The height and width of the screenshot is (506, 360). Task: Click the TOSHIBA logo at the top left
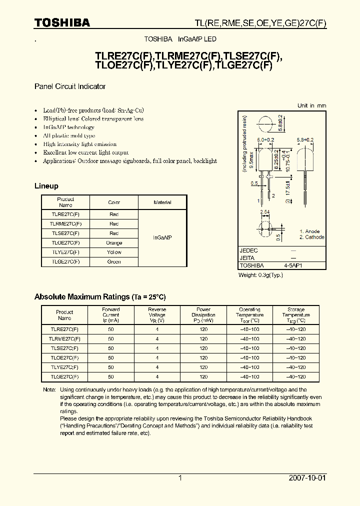[x=62, y=23]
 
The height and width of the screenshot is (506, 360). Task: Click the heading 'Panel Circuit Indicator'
[x=70, y=86]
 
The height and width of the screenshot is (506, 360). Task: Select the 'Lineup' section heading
[x=46, y=186]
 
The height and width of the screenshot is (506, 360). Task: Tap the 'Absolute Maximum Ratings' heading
[x=99, y=297]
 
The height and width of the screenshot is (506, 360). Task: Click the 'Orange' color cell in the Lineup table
[x=114, y=243]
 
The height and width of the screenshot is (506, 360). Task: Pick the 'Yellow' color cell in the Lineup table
[x=114, y=252]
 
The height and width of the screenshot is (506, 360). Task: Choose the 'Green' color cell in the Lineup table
[x=114, y=262]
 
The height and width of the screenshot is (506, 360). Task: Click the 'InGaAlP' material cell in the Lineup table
[x=162, y=238]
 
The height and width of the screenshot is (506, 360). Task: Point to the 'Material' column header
[x=162, y=202]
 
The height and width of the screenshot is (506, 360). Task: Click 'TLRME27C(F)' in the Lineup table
[x=65, y=224]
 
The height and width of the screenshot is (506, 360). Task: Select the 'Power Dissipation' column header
[x=203, y=315]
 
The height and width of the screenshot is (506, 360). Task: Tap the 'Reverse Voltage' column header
[x=157, y=315]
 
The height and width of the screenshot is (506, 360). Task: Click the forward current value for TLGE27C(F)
[x=111, y=376]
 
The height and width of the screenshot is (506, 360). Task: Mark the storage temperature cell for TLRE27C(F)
[x=296, y=329]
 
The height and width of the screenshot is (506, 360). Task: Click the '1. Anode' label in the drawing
[x=309, y=231]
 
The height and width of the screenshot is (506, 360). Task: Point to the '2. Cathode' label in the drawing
[x=311, y=237]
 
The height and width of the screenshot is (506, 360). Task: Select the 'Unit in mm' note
[x=311, y=105]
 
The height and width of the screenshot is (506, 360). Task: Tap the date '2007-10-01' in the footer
[x=307, y=478]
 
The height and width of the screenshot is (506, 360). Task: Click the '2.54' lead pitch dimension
[x=265, y=212]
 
